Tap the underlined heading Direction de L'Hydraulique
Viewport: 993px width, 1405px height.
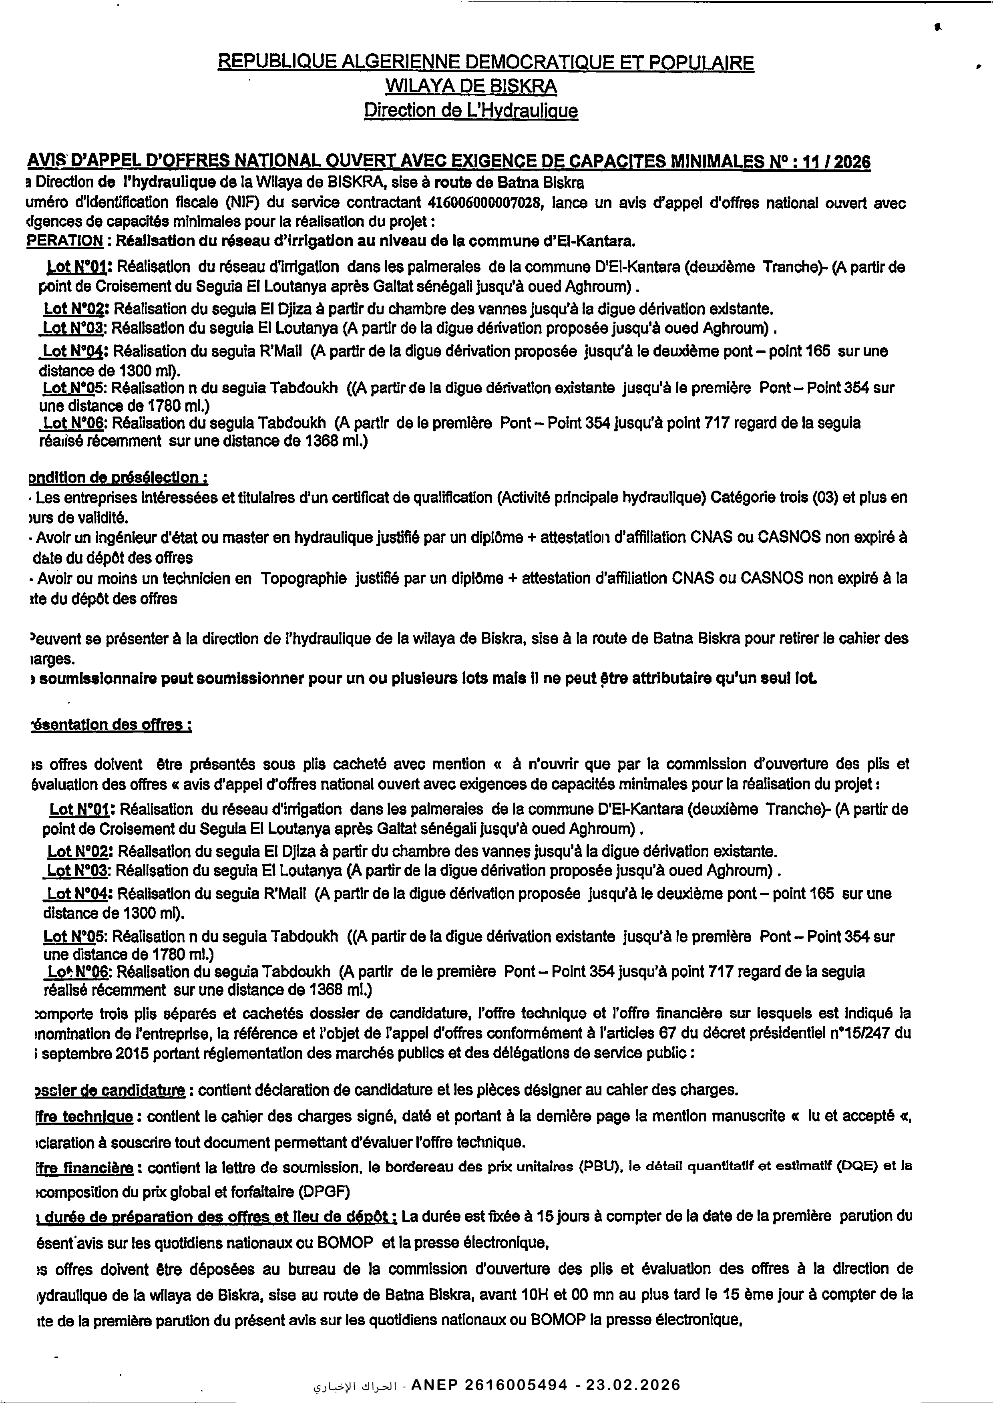(x=470, y=111)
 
